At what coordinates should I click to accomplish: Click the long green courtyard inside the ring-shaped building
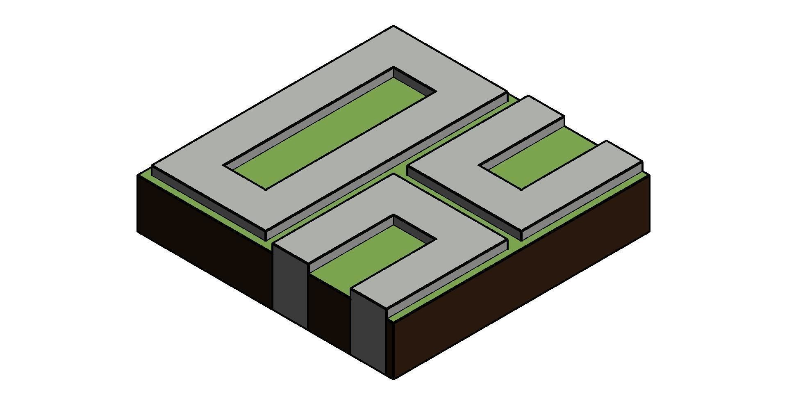tap(328, 135)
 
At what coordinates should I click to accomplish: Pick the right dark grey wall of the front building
tap(368, 328)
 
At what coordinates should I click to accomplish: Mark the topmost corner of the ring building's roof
tap(393, 27)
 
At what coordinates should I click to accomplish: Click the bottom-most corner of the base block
tap(393, 379)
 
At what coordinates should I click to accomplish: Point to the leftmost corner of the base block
tap(137, 176)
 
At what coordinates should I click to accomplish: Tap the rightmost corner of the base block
tap(650, 175)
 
